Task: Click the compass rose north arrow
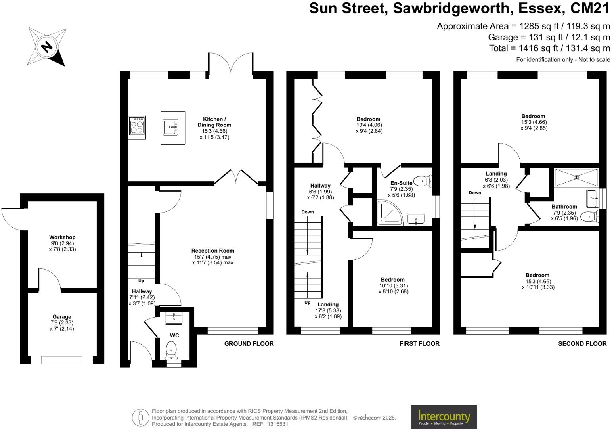click(47, 47)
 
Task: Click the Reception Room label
click(212, 251)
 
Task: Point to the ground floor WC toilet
click(171, 349)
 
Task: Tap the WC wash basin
click(174, 318)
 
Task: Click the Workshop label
click(62, 238)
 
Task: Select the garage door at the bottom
click(62, 360)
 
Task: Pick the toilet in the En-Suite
click(423, 181)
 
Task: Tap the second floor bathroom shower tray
click(576, 178)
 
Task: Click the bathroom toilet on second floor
click(589, 216)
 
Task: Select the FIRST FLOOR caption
click(419, 343)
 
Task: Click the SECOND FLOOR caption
click(582, 343)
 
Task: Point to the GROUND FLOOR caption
click(249, 343)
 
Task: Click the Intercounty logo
click(444, 417)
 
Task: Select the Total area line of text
click(549, 48)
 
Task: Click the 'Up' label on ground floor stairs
click(142, 281)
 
